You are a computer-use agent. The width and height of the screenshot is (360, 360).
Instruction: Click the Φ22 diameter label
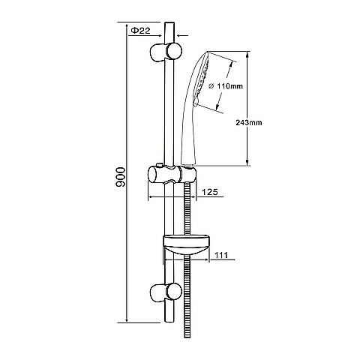(x=141, y=31)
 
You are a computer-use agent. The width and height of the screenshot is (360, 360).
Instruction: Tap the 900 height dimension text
(x=121, y=177)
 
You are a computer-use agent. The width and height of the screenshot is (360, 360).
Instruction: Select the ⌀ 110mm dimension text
(x=226, y=86)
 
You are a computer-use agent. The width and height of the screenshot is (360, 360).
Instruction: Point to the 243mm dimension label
(x=249, y=122)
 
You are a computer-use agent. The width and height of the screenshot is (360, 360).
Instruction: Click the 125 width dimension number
(x=210, y=192)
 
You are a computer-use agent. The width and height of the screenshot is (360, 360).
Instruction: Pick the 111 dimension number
(x=221, y=255)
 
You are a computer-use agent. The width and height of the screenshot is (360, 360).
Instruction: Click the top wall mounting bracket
(x=166, y=52)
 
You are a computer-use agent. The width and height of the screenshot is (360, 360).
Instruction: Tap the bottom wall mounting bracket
(x=166, y=292)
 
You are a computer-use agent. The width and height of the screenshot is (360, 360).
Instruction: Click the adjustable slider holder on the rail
(x=172, y=174)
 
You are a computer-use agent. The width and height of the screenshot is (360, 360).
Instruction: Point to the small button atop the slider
(x=159, y=165)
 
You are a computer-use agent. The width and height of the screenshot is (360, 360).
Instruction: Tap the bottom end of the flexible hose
(x=187, y=337)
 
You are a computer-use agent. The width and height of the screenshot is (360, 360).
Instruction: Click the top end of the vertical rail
(x=169, y=22)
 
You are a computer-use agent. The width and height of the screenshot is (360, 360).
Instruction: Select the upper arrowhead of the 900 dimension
(x=127, y=25)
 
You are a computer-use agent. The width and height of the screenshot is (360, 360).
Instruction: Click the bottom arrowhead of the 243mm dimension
(x=247, y=162)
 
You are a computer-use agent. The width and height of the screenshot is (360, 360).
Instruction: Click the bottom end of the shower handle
(x=187, y=164)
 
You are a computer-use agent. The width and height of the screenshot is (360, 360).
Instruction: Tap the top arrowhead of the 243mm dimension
(x=247, y=55)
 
